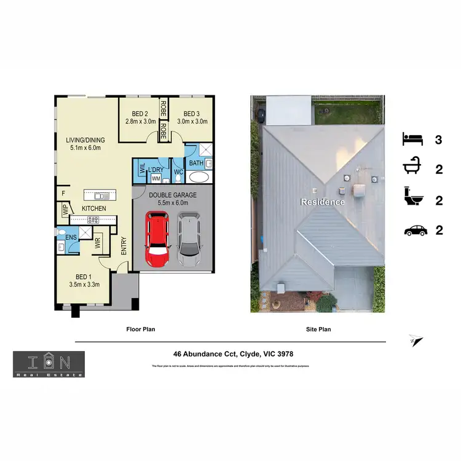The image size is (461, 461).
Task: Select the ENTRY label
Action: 124,246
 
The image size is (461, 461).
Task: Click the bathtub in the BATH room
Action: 198,178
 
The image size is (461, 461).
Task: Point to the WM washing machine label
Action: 156,178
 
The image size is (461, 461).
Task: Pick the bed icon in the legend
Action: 413,139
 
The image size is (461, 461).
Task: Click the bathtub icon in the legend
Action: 413,168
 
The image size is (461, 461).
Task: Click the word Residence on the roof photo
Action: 322,202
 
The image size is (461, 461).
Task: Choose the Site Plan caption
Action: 318,329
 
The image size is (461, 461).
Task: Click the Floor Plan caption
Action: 140,329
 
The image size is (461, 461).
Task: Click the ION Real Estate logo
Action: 49,364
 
